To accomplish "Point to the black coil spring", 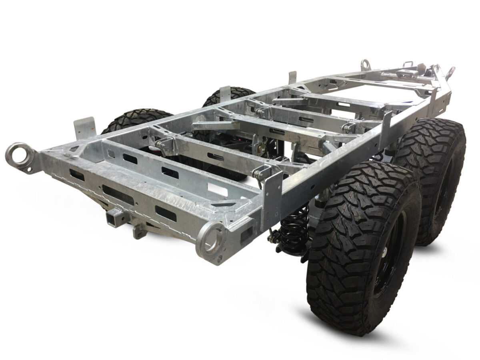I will click(294, 232).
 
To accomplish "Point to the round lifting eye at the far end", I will click(365, 64).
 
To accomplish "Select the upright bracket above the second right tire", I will click(386, 126).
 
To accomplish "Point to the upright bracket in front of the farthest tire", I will click(225, 93).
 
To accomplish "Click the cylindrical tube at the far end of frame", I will click(394, 75).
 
